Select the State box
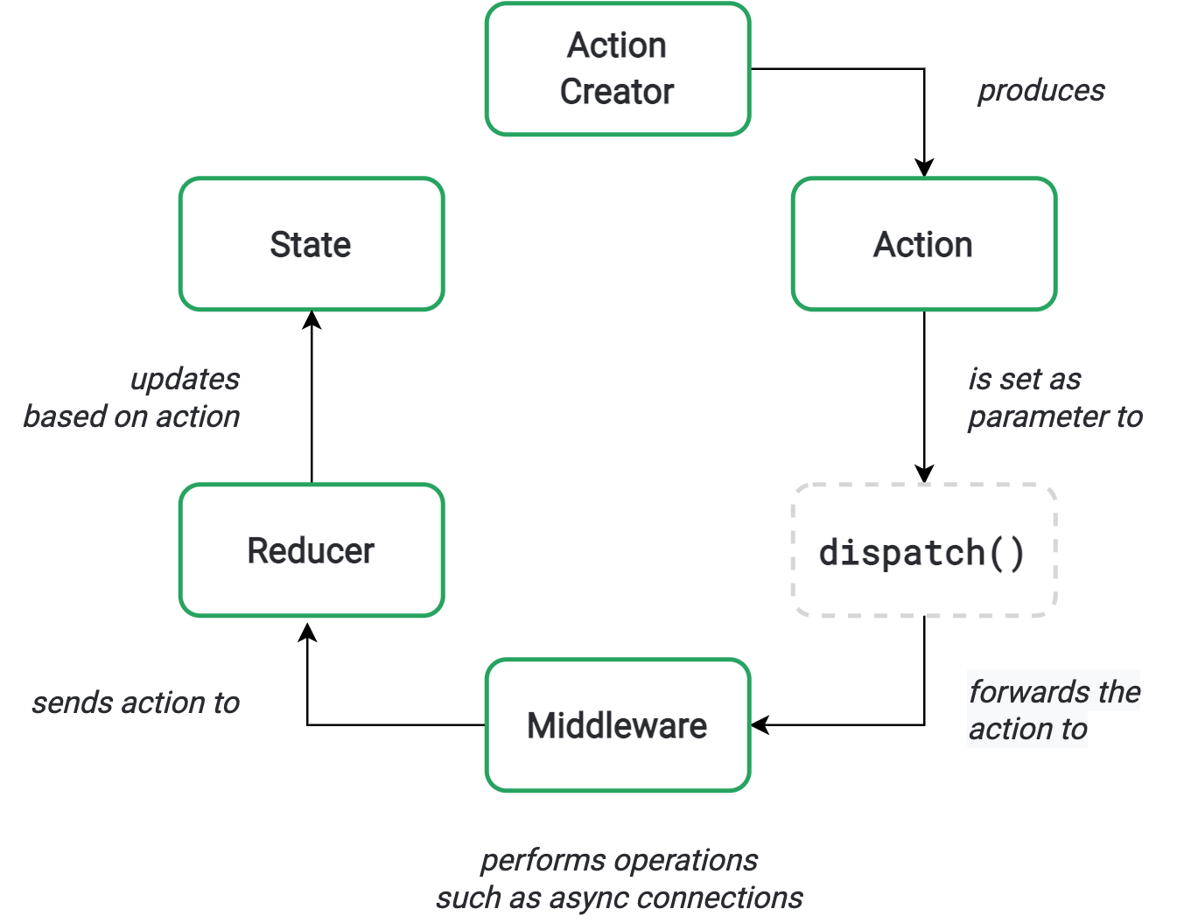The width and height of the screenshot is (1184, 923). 312,244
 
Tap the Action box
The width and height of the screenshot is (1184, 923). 924,244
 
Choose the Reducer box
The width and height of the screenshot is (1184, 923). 312,550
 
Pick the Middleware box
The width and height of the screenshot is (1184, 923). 618,725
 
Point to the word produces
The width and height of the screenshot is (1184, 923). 1040,90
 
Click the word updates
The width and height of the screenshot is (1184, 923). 185,379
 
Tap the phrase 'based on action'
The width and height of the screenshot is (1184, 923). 131,416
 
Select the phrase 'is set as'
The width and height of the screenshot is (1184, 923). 1024,379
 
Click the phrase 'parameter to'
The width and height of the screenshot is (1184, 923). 1054,416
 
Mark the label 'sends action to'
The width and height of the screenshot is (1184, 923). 136,703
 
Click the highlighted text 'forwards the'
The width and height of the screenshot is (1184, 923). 1054,691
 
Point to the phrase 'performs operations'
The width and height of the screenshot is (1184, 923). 619,860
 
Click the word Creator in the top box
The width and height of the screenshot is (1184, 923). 617,92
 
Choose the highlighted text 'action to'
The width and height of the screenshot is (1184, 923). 1027,729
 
